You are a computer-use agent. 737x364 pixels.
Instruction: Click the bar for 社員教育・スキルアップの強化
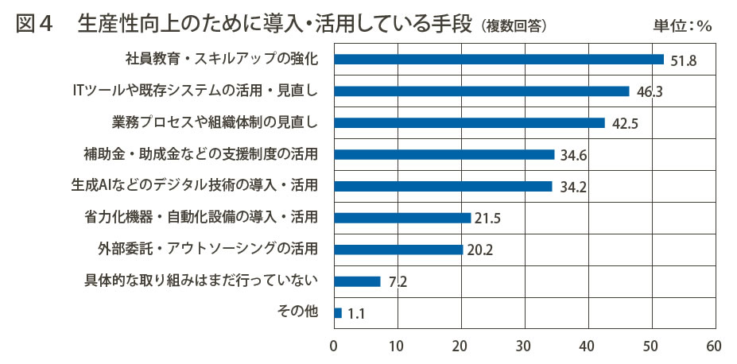498,60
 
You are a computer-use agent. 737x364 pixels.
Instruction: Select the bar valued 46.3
482,91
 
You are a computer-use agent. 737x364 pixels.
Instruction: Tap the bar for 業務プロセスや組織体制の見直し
469,123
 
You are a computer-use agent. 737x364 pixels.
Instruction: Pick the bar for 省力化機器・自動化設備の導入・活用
402,218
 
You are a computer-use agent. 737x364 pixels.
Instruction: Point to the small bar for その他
338,313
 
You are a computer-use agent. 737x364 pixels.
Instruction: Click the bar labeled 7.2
357,281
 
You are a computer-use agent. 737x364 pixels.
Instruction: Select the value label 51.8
681,60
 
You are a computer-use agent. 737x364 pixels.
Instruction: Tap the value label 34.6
572,155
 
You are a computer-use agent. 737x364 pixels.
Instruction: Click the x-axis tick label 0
335,347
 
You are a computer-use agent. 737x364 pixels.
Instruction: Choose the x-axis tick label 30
524,347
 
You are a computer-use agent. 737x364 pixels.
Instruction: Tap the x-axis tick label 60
714,347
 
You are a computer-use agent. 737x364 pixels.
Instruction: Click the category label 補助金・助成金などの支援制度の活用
201,154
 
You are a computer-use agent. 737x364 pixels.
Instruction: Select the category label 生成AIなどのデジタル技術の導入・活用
195,186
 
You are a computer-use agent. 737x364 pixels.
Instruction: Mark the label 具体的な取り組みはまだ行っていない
201,281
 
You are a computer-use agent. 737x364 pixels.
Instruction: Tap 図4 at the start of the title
35,25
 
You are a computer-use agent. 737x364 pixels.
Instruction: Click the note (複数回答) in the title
514,26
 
